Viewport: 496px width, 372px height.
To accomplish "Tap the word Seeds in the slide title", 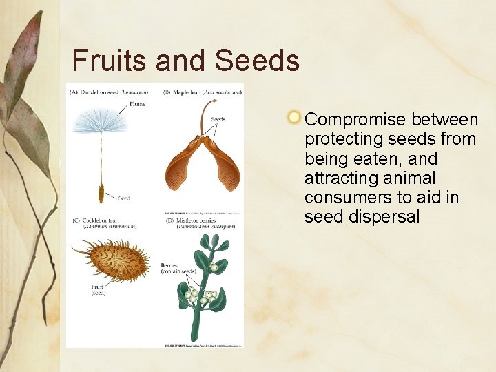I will click(257, 60).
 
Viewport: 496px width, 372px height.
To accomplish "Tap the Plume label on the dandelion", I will click(138, 105).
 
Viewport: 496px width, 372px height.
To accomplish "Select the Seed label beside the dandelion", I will click(124, 198).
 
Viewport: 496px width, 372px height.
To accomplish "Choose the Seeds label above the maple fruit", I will click(218, 119).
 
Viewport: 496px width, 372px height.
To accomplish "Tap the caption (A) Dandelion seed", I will click(110, 92).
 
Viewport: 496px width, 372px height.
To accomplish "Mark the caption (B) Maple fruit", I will click(202, 92).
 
